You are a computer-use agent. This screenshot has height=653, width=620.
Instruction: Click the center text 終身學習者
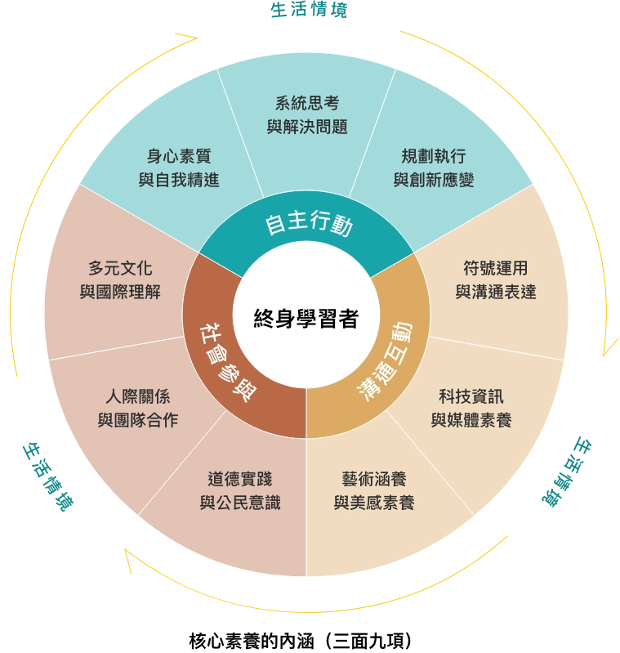tap(306, 319)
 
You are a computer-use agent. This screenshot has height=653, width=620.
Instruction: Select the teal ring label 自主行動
tap(309, 223)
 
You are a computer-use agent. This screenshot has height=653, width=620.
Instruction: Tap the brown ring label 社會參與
tap(228, 362)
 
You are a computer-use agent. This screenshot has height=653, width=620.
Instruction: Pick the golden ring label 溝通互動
tap(385, 361)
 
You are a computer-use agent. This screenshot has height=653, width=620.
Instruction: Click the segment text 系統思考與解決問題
tap(307, 115)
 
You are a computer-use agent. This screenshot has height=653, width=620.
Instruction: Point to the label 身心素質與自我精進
tap(179, 168)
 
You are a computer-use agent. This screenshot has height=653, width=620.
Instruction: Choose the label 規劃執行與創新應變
tap(434, 168)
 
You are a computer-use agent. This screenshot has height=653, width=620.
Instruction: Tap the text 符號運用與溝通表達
tap(496, 280)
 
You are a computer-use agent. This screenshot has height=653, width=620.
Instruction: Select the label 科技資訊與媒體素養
tap(471, 408)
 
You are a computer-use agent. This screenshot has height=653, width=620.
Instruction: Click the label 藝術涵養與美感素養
tap(374, 490)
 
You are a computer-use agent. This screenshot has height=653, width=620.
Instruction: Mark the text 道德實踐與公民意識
tap(240, 490)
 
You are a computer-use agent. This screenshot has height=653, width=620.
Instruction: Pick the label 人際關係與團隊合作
tap(138, 408)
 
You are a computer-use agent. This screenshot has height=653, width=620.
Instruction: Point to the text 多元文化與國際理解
tap(120, 280)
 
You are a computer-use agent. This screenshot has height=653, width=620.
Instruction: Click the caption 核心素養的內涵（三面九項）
tap(301, 641)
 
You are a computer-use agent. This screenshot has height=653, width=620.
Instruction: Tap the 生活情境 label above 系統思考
tap(309, 10)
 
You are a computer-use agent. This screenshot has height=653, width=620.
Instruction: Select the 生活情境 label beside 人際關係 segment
tap(48, 476)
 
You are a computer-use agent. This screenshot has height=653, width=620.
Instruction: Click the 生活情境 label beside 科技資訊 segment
tap(567, 472)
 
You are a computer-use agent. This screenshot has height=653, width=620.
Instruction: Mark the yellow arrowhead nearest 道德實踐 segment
tap(128, 559)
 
